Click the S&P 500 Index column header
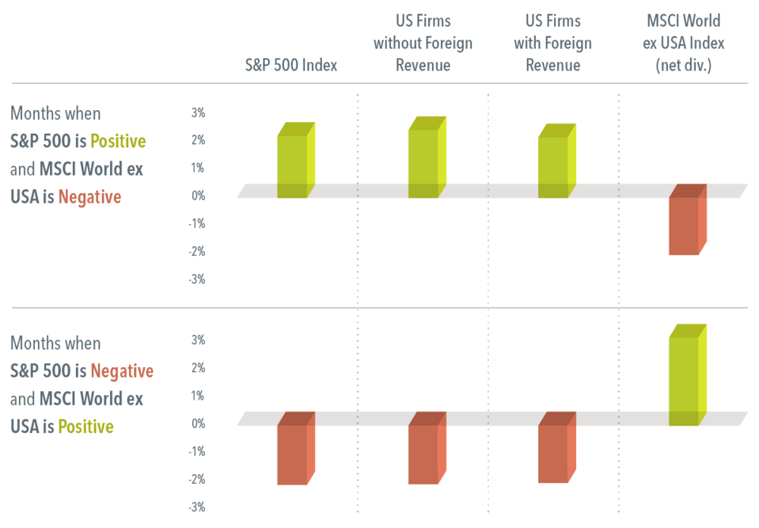pos(291,65)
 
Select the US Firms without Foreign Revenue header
pos(423,43)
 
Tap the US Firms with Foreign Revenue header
pos(553,43)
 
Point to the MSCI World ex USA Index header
pos(684,43)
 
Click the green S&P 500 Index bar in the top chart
pos(296,160)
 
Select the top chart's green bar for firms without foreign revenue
pos(427,157)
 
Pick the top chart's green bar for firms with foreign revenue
pos(556,161)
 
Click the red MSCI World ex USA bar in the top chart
pos(688,220)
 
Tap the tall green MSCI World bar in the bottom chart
pos(688,375)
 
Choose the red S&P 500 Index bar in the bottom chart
pos(296,448)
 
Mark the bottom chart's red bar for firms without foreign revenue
pos(427,448)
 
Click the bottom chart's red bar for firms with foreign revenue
pos(556,447)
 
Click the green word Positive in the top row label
pos(118,141)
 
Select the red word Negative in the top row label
pos(90,198)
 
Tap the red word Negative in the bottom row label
pos(122,371)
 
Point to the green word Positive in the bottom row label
pos(86,427)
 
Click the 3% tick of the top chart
pos(198,113)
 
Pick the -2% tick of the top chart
pos(197,251)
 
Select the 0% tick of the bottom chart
pos(198,424)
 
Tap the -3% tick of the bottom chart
pos(197,507)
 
